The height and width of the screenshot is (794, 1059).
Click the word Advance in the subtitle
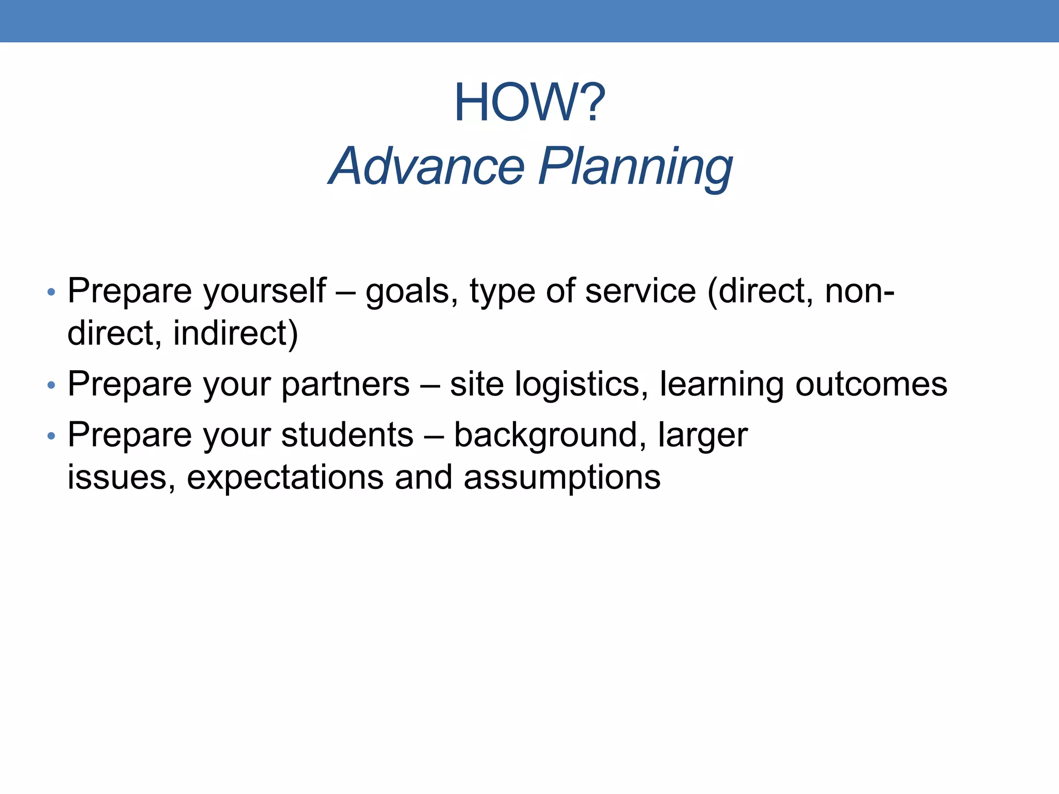pos(427,166)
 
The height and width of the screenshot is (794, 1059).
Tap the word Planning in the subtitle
pos(636,166)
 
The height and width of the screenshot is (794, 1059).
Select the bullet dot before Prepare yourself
pos(51,293)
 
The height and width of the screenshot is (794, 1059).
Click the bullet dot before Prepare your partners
pos(51,385)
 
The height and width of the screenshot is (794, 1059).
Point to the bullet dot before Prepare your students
pos(51,436)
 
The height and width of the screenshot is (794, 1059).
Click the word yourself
pos(264,291)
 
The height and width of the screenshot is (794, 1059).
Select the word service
pos(641,291)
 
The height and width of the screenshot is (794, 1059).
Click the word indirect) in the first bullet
pos(235,333)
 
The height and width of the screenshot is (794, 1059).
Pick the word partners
pos(345,385)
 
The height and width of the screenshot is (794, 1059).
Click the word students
pos(347,435)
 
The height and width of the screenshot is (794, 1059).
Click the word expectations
pos(285,478)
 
